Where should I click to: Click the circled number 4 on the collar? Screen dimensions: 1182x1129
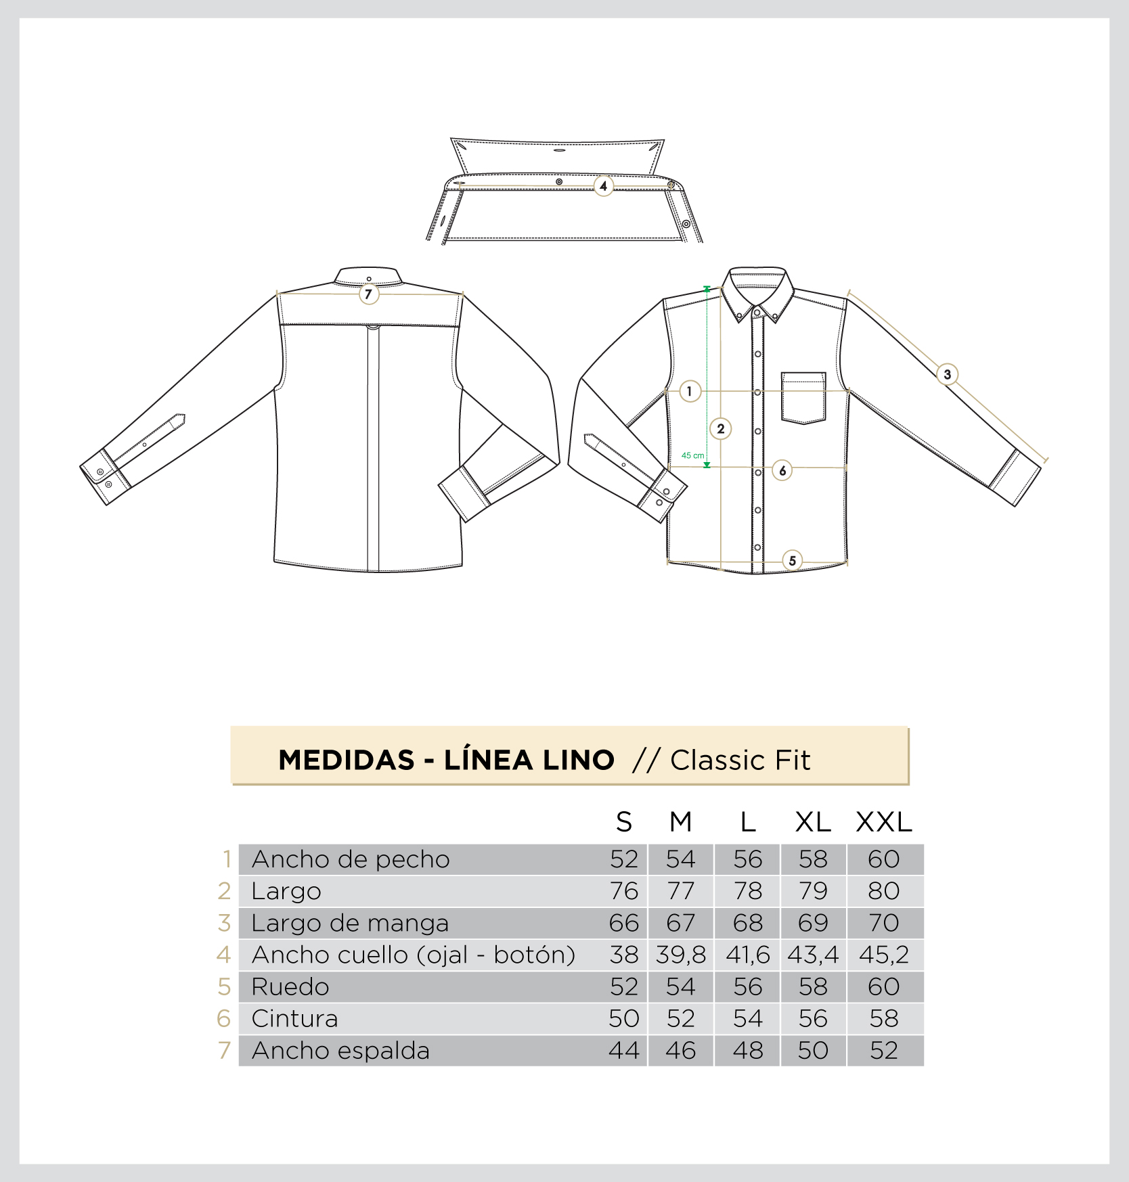(x=603, y=186)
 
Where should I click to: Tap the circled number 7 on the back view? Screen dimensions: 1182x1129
(x=368, y=294)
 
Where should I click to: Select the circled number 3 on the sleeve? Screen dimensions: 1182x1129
(x=947, y=374)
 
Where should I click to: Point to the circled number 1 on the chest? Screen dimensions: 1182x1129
(x=689, y=391)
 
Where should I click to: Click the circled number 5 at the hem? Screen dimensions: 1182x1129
(x=792, y=560)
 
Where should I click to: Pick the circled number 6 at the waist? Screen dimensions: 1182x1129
(x=782, y=470)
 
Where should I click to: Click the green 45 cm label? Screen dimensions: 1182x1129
(x=692, y=455)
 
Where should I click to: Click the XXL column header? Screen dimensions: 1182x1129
(x=883, y=822)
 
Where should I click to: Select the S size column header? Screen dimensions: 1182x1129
(x=623, y=822)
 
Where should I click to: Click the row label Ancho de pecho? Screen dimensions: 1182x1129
(x=351, y=859)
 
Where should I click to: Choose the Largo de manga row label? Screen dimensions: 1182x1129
(x=350, y=923)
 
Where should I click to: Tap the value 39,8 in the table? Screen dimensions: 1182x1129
(x=680, y=955)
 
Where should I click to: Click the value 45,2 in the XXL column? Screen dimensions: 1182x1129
(x=883, y=955)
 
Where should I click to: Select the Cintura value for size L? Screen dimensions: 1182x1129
(x=747, y=1018)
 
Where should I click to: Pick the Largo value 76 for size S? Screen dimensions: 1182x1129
(x=623, y=891)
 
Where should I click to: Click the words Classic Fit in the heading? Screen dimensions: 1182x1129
(x=740, y=760)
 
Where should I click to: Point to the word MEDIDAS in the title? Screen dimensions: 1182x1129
(x=346, y=760)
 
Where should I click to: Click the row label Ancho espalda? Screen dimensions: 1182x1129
(x=340, y=1051)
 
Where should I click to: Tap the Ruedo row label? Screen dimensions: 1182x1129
(x=290, y=986)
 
